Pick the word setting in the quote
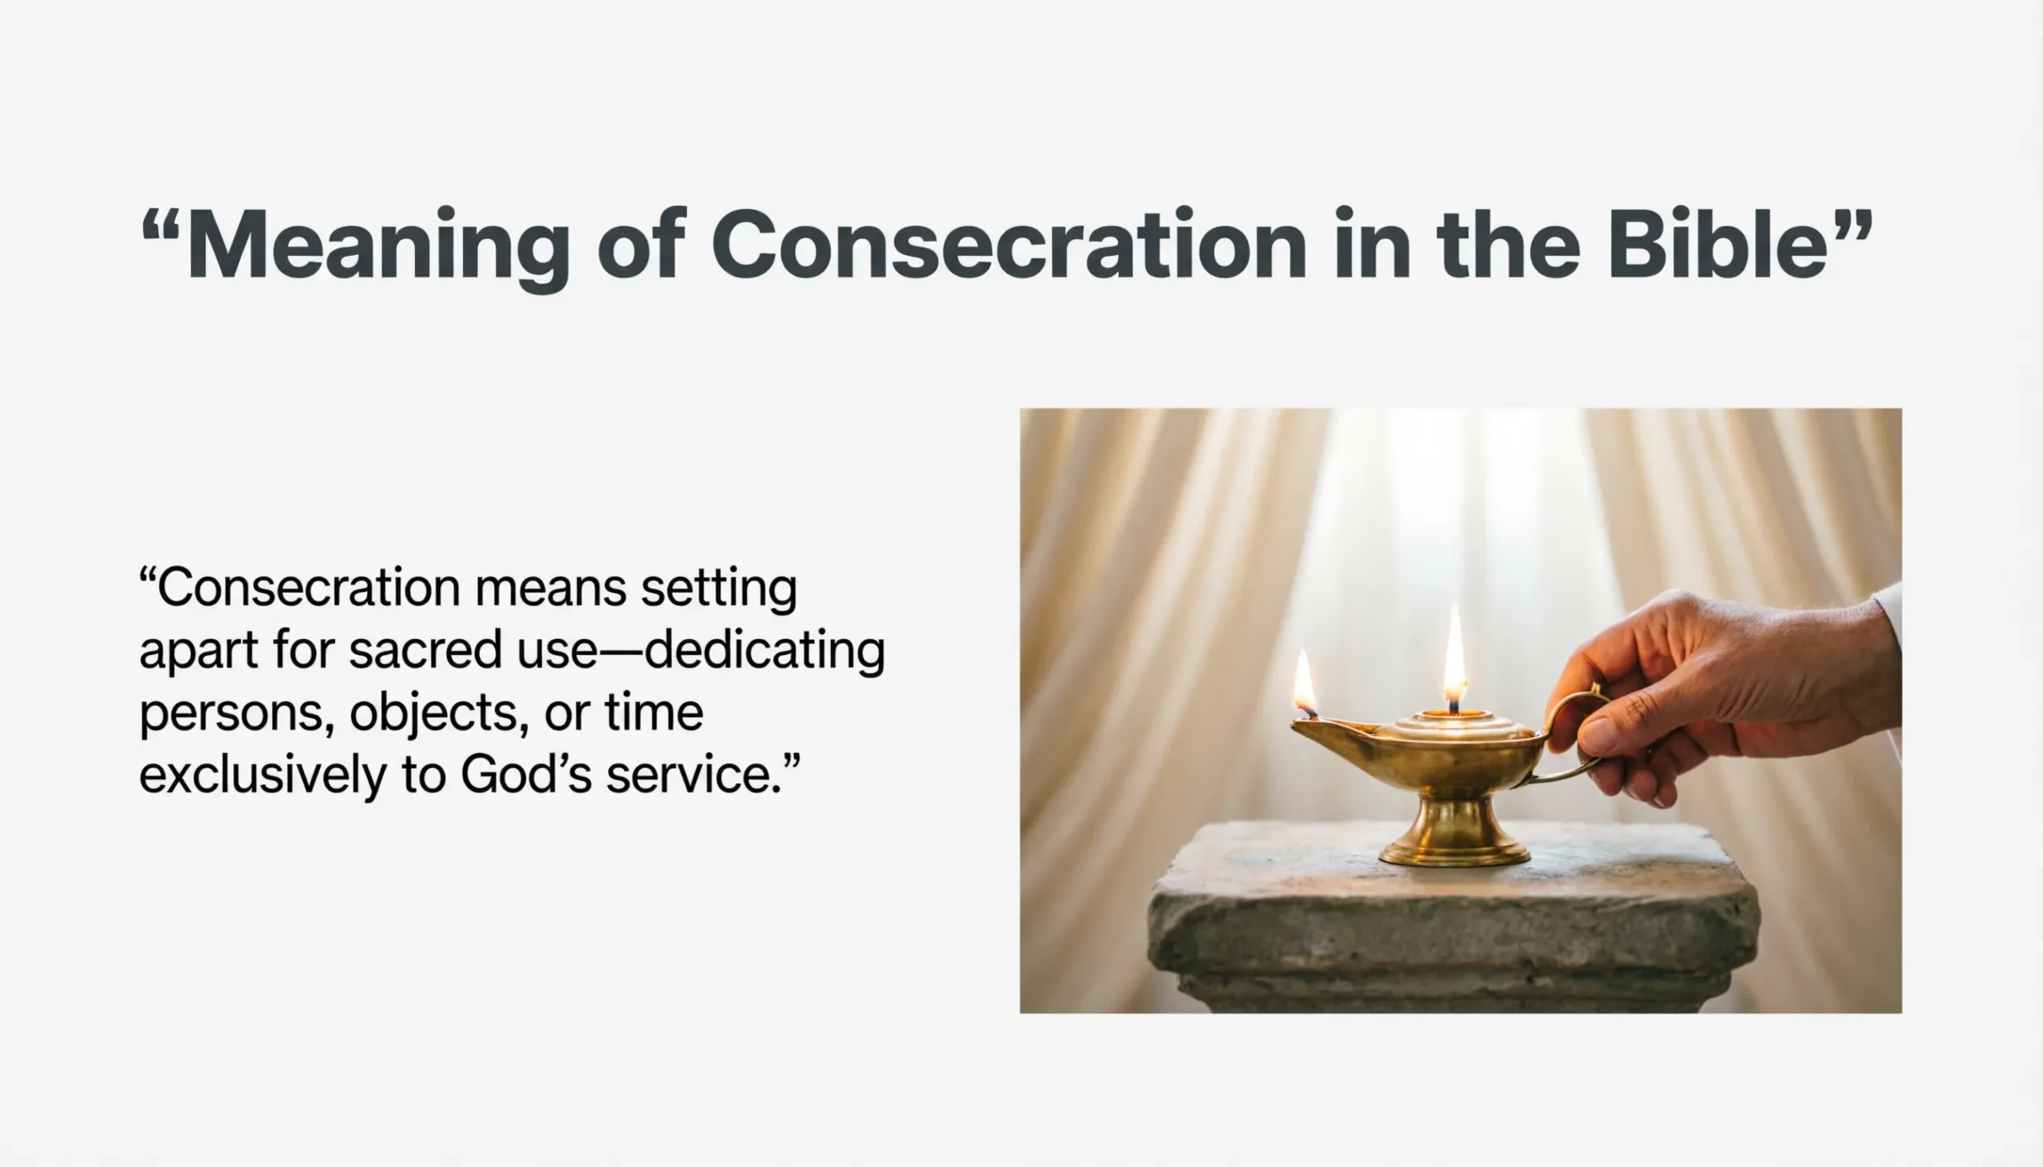(x=718, y=590)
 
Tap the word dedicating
(x=765, y=650)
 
